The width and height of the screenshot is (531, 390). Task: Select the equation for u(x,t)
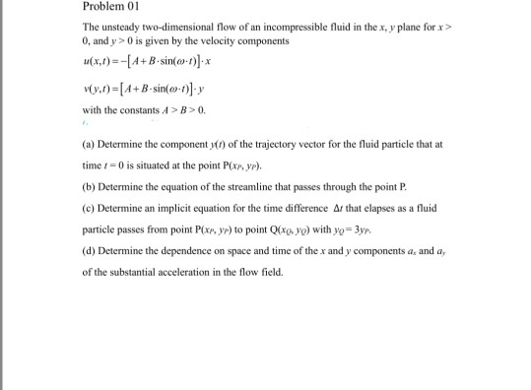pyautogui.click(x=148, y=61)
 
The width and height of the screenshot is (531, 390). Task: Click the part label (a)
pyautogui.click(x=89, y=144)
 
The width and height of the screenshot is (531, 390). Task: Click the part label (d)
pyautogui.click(x=89, y=250)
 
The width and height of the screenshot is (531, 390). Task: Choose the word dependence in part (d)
pyautogui.click(x=175, y=250)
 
